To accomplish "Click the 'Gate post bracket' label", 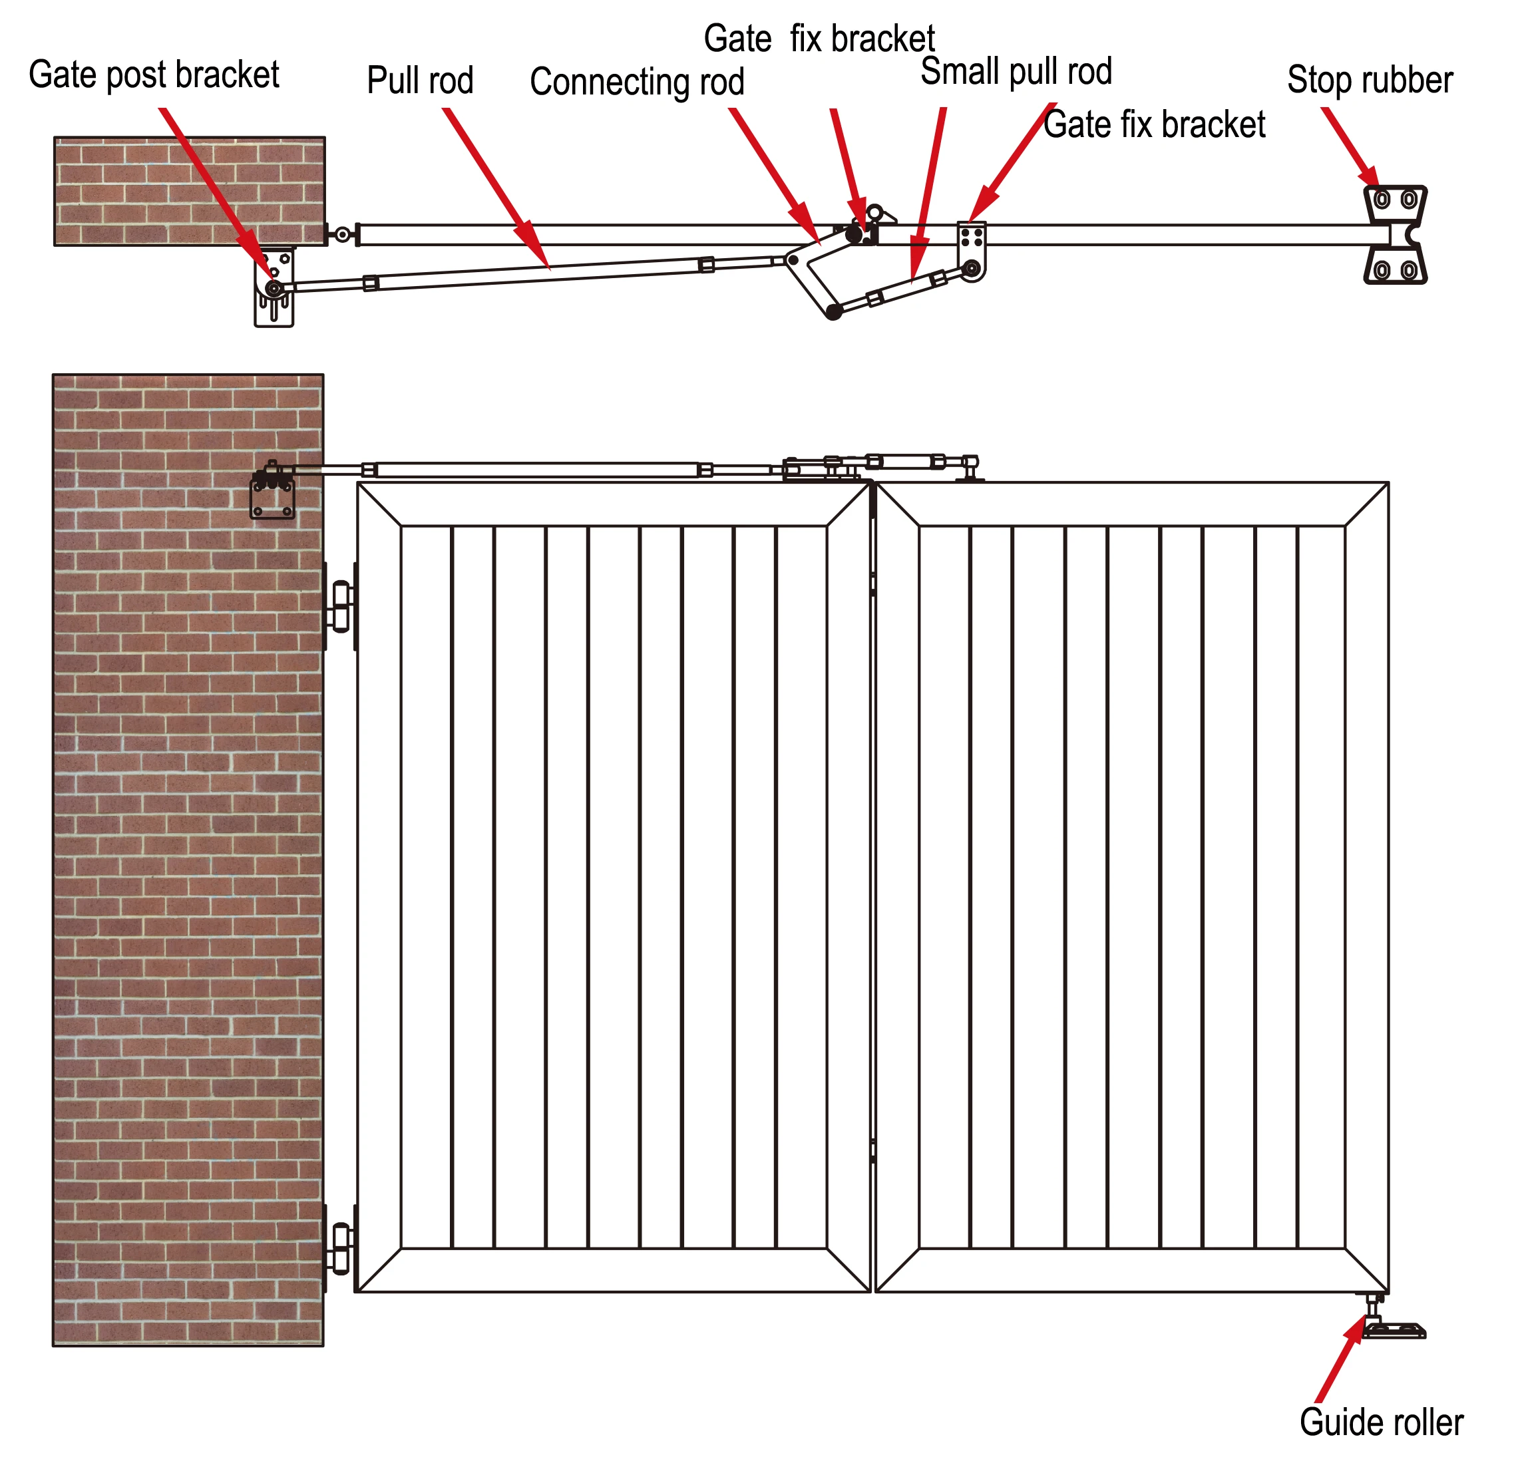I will point(154,75).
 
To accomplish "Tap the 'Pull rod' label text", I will point(420,81).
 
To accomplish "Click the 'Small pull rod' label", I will point(1016,72).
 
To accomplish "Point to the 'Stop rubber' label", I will point(1370,80).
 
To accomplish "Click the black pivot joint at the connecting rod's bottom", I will point(833,313).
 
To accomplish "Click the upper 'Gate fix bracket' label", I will point(819,39).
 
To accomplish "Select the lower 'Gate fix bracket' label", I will point(1154,125).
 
